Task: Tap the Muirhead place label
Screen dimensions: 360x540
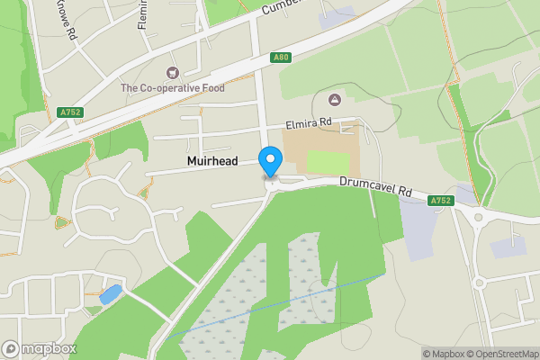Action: click(x=213, y=162)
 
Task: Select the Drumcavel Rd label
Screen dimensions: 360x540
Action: click(x=375, y=186)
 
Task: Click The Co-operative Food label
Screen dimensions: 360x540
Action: click(x=174, y=88)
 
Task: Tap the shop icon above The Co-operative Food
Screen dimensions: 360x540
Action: click(x=173, y=72)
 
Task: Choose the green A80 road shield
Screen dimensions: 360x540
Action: click(x=282, y=58)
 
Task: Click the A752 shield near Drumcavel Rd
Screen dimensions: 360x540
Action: click(x=440, y=200)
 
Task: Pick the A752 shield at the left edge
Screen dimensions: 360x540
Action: click(x=69, y=112)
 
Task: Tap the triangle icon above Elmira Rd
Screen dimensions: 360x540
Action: click(x=335, y=99)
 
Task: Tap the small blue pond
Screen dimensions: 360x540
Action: click(x=110, y=293)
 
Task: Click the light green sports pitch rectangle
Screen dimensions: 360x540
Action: click(x=328, y=164)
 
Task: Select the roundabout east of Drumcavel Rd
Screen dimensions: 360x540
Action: click(x=478, y=216)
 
